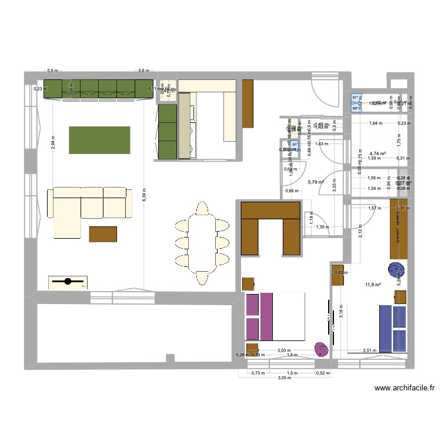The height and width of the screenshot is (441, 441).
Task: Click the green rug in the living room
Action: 99,139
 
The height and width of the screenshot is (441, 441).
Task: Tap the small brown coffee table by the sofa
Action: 103,234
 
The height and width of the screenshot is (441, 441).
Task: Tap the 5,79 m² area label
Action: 316,182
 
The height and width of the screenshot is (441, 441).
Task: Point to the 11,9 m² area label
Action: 373,286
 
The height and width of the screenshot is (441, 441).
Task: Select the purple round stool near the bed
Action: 322,349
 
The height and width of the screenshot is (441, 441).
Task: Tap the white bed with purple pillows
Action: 275,316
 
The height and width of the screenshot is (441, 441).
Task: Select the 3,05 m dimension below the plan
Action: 283,379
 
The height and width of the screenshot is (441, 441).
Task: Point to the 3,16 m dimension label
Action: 340,310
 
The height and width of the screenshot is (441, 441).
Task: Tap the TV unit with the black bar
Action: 68,282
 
